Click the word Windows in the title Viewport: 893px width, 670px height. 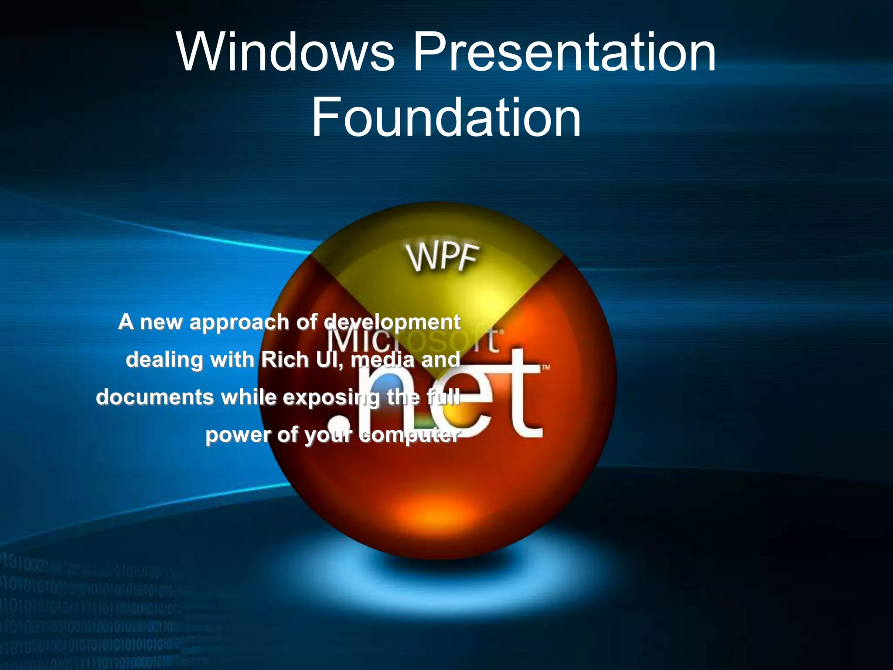click(286, 52)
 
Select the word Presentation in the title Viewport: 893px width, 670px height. click(564, 52)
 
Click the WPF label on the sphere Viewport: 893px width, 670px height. click(443, 257)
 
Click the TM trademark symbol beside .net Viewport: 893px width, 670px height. click(545, 368)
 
